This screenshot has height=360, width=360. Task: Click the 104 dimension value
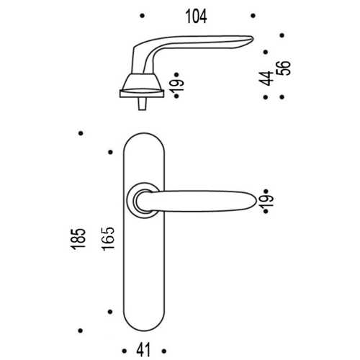click(196, 17)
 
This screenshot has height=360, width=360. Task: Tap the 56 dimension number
click(284, 68)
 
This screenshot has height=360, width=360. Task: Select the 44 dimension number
click(266, 78)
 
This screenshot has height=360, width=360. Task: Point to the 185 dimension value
click(78, 239)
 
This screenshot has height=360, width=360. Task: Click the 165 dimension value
click(108, 239)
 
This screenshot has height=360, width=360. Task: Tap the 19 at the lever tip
click(266, 201)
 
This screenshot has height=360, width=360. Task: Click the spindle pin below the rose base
click(142, 104)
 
